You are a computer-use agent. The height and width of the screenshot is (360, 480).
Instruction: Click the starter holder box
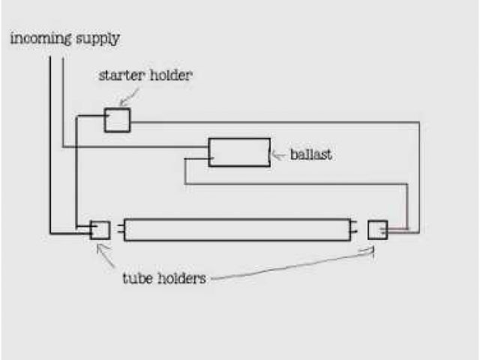tap(116, 120)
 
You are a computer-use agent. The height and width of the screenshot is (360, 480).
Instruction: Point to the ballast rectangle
tap(239, 151)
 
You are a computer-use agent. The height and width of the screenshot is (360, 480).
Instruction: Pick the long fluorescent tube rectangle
tap(237, 229)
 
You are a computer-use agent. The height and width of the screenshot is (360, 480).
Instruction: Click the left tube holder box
tap(100, 229)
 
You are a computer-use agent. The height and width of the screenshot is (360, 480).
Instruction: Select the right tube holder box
tap(377, 229)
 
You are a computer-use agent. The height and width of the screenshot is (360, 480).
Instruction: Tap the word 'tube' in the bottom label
tap(137, 279)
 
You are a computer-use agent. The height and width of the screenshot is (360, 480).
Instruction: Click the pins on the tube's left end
tap(119, 229)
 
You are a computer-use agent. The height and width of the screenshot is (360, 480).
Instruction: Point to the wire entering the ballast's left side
tap(196, 159)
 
